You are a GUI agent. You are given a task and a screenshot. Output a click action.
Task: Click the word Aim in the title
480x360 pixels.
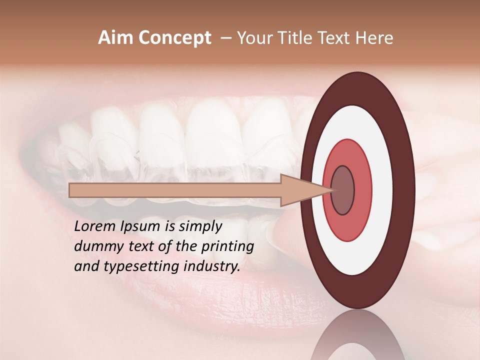(x=115, y=38)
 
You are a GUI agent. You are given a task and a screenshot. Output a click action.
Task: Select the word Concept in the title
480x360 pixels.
(x=174, y=38)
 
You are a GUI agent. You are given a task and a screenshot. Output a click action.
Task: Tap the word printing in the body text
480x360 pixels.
(x=227, y=246)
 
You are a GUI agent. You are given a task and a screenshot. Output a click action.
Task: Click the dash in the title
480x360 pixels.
(x=225, y=38)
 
